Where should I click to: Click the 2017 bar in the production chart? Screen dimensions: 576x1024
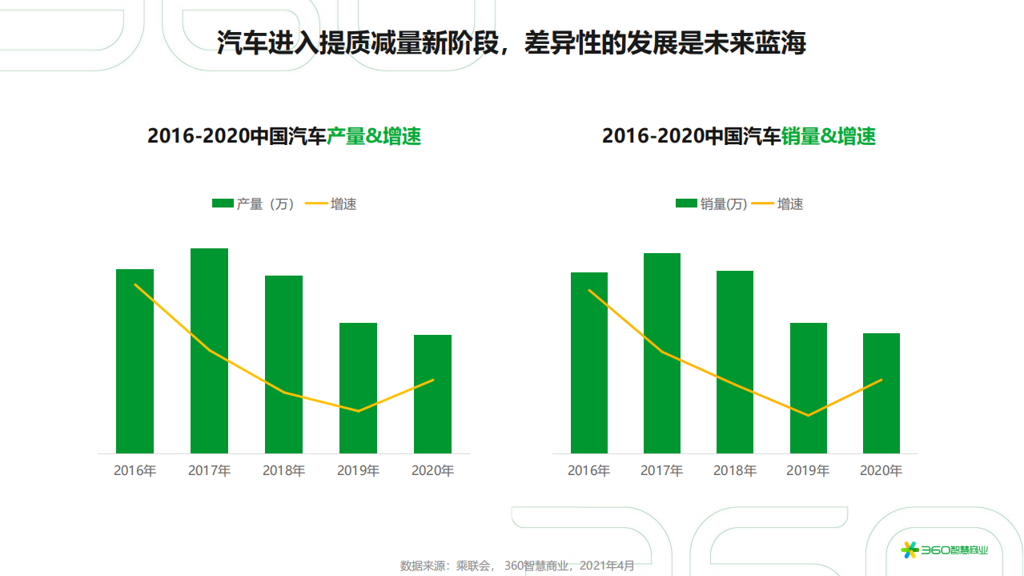pyautogui.click(x=209, y=352)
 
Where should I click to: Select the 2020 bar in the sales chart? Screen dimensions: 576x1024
pyautogui.click(x=881, y=393)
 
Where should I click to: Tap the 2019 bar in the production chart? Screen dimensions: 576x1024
pyautogui.click(x=358, y=389)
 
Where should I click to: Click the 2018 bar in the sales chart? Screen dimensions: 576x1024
pyautogui.click(x=734, y=362)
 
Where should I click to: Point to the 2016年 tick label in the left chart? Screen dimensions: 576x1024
pyautogui.click(x=135, y=471)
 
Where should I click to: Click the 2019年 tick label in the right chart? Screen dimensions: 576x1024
pyautogui.click(x=808, y=471)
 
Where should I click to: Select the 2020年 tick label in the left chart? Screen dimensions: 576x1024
pyautogui.click(x=432, y=471)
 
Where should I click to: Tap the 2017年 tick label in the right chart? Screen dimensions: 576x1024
pyautogui.click(x=661, y=471)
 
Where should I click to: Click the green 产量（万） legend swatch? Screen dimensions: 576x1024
pyautogui.click(x=222, y=203)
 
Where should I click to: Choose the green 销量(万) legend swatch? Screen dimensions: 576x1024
pyautogui.click(x=686, y=203)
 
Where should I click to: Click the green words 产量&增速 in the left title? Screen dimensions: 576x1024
pyautogui.click(x=374, y=136)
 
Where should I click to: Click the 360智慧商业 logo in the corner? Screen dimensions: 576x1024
pyautogui.click(x=945, y=550)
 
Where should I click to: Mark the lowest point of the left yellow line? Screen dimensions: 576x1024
pyautogui.click(x=358, y=411)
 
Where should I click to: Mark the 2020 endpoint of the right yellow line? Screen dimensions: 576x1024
pyautogui.click(x=881, y=380)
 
